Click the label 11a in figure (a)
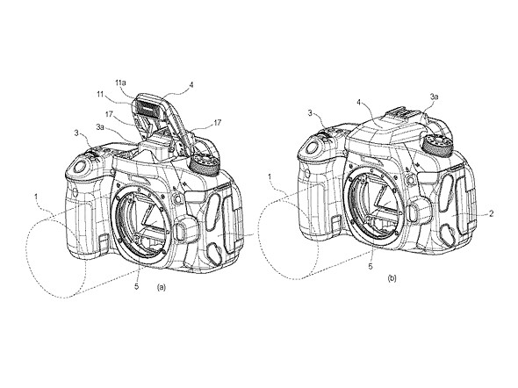pos(121,83)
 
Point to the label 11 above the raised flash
pos(101,94)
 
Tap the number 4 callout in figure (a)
pos(191,85)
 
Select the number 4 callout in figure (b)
pos(359,102)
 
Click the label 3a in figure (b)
pos(434,97)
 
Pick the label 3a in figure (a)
pos(100,126)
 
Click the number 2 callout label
pos(492,213)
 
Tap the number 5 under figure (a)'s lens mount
pos(136,286)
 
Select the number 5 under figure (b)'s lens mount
pos(371,266)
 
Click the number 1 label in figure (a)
pos(36,197)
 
